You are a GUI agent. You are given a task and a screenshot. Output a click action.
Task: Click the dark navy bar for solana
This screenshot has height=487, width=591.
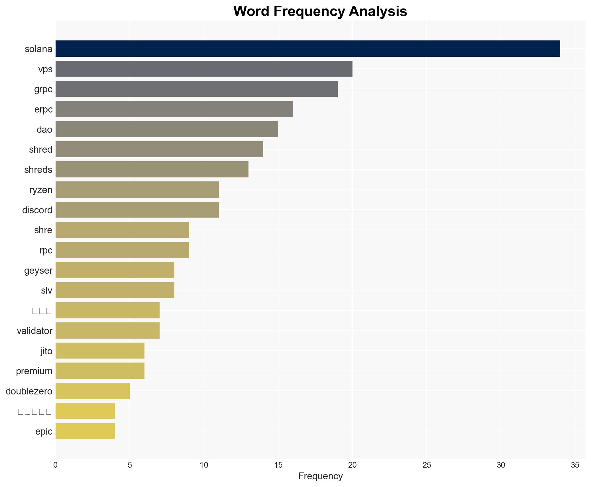(x=307, y=49)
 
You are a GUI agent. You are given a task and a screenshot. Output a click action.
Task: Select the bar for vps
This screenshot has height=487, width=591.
(x=204, y=69)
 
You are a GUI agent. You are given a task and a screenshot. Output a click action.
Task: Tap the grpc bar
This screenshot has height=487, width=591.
(x=196, y=89)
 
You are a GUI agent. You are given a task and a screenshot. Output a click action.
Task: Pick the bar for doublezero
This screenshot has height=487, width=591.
(x=93, y=391)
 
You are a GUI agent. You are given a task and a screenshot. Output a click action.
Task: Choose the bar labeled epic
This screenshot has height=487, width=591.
(x=85, y=431)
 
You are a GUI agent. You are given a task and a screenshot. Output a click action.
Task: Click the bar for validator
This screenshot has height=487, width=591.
(x=107, y=331)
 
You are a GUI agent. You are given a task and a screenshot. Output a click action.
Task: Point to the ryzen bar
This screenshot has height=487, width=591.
(x=137, y=190)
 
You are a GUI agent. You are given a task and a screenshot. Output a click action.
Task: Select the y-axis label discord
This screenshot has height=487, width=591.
(x=37, y=210)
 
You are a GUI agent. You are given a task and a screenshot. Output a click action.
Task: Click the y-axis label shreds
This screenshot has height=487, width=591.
(x=38, y=170)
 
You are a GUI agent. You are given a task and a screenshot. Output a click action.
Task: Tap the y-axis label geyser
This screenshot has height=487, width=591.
(x=38, y=271)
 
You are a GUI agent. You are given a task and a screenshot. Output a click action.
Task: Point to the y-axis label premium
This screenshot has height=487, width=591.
(x=34, y=371)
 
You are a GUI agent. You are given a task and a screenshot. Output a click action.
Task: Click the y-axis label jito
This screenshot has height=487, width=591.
(x=46, y=351)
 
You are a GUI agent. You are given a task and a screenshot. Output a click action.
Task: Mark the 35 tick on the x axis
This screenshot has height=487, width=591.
(x=575, y=465)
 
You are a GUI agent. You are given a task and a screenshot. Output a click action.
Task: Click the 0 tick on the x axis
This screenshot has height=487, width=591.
(x=56, y=465)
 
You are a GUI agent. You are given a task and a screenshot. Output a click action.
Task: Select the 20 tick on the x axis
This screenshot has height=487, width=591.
(x=352, y=465)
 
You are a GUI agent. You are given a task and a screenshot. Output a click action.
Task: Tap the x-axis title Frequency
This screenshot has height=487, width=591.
(x=320, y=476)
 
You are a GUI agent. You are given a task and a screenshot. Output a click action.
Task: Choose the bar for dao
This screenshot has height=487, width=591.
(x=167, y=129)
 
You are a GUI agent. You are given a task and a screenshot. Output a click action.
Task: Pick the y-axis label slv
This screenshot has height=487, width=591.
(x=46, y=290)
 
